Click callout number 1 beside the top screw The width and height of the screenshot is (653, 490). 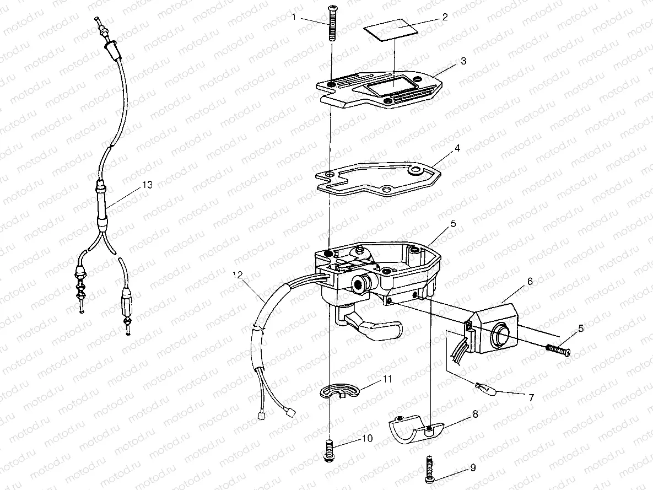pyautogui.click(x=294, y=17)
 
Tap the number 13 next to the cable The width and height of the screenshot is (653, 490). pyautogui.click(x=147, y=185)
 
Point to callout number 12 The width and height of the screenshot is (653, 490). pyautogui.click(x=238, y=274)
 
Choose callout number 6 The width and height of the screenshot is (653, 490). pyautogui.click(x=530, y=281)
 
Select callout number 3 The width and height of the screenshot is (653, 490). pyautogui.click(x=463, y=61)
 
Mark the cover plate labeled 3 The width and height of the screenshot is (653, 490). pyautogui.click(x=380, y=91)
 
